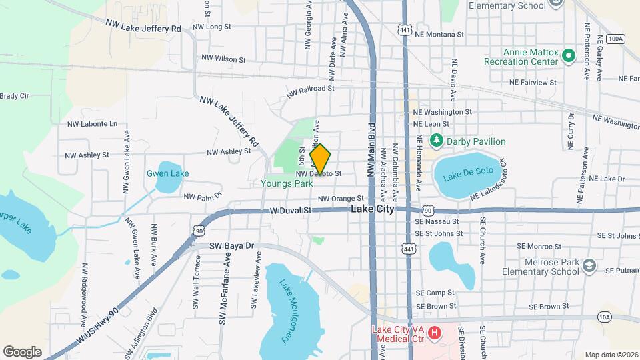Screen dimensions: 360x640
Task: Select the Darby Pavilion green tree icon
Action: (437, 141)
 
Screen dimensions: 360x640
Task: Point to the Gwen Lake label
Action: (167, 173)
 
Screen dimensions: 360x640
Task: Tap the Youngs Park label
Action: (287, 183)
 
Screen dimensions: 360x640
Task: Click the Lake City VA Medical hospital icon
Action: (435, 331)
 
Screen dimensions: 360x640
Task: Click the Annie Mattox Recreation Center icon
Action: (569, 55)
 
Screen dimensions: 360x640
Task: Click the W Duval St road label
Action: (291, 210)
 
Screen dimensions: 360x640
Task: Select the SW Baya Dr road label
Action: (232, 246)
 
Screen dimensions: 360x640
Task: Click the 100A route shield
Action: (616, 39)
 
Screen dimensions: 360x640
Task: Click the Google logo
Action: (22, 351)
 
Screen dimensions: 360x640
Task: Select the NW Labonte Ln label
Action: (92, 123)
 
